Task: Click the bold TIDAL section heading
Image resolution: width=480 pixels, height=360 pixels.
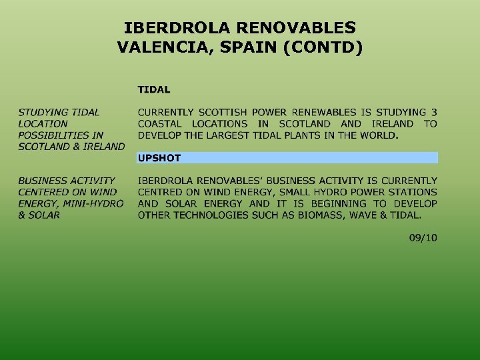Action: click(x=154, y=89)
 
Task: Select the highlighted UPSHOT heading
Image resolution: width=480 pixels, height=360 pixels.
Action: click(x=159, y=158)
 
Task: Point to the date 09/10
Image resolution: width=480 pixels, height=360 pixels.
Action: click(x=423, y=238)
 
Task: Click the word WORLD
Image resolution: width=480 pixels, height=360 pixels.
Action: click(x=379, y=135)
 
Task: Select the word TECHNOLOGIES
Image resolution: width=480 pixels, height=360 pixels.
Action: click(x=217, y=215)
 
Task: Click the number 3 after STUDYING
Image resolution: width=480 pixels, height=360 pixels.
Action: click(x=433, y=112)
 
